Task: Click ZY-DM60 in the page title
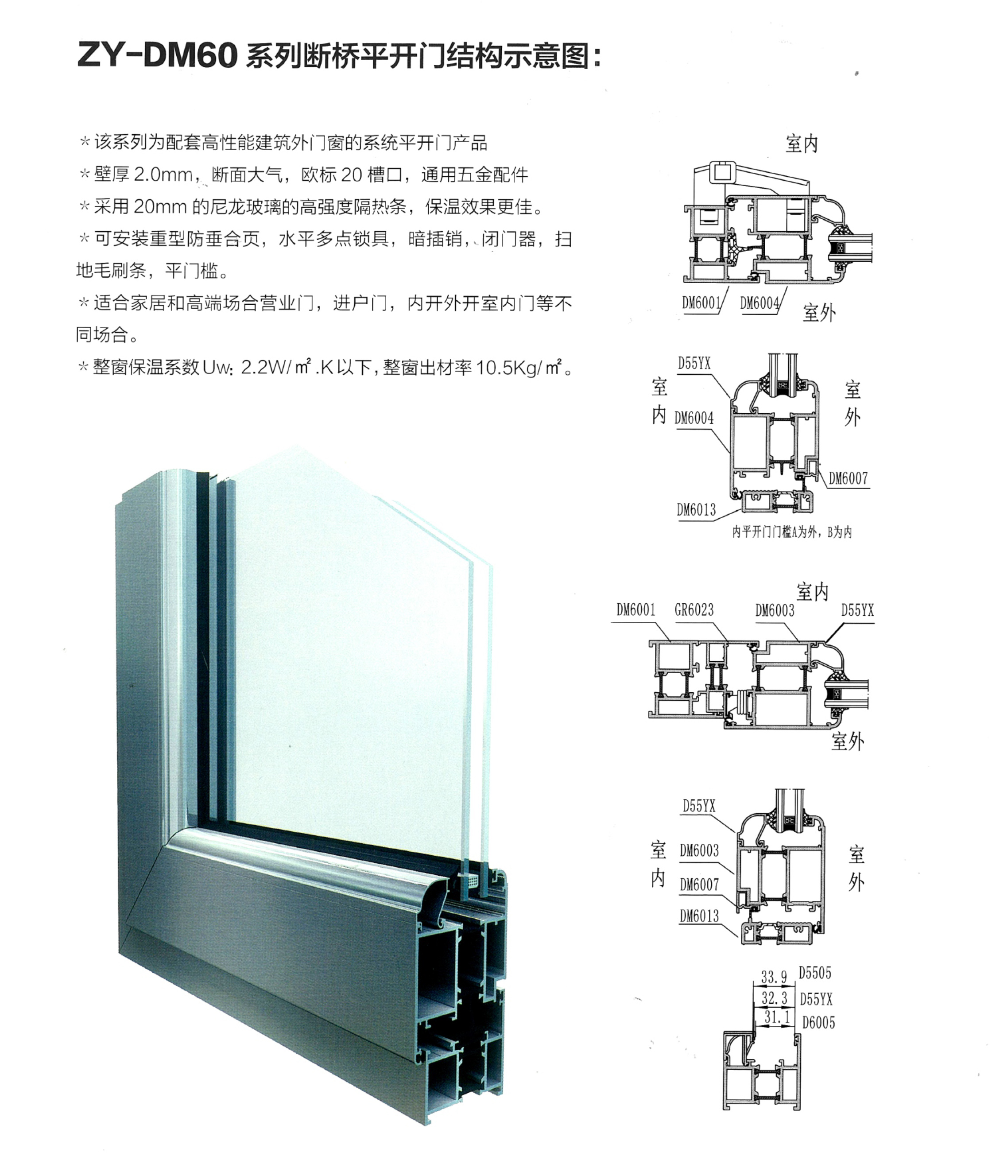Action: [x=157, y=56]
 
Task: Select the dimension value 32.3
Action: [x=775, y=998]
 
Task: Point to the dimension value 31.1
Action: [x=777, y=1017]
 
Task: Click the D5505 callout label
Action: [x=815, y=973]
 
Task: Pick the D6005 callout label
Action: [x=818, y=1022]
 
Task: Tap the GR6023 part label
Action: [x=694, y=610]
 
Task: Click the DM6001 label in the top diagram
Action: [x=701, y=303]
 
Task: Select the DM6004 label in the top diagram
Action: [x=759, y=303]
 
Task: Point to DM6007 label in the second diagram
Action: [x=848, y=478]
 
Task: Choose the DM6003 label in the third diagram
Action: [x=775, y=610]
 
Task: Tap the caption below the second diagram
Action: [x=792, y=532]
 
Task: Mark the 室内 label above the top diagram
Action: [x=802, y=144]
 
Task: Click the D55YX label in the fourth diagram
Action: [x=699, y=806]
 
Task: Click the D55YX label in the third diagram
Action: [x=858, y=610]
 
